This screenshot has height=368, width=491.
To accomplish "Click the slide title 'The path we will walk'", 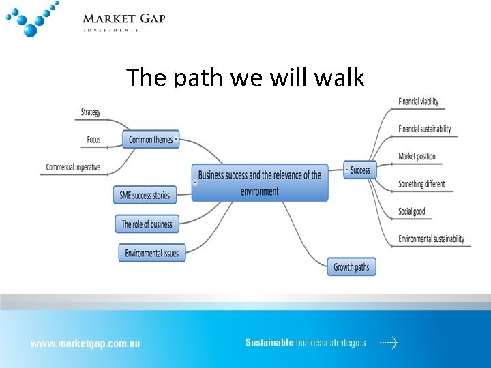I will coord(245,77).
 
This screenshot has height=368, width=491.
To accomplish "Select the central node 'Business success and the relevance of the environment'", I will coord(260,183).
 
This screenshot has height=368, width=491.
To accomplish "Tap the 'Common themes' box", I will coord(151,140).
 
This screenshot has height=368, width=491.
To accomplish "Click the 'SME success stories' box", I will coord(145,195).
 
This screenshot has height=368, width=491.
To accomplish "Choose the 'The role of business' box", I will coord(147,224).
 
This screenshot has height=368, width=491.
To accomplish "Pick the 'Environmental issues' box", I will coord(151,253).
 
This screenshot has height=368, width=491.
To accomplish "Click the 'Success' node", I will coord(359,170).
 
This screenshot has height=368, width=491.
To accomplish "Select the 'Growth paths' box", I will coord(351,267).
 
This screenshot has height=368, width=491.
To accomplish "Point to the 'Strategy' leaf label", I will coord(91,112).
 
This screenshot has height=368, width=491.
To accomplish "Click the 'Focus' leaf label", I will coord(93,140).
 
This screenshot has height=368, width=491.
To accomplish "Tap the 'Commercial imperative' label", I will coord(73,167).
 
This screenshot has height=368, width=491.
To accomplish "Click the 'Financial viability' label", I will coord(419,102).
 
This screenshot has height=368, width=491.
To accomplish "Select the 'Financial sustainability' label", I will coord(425,129).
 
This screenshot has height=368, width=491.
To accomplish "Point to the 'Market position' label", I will coord(417,156).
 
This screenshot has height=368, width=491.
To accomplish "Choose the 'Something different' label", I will coord(421,183).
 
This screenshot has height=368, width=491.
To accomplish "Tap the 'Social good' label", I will coord(412,211).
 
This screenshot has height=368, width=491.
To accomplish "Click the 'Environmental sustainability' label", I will coord(431,239).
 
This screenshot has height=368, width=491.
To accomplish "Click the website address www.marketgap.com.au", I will coord(85,343).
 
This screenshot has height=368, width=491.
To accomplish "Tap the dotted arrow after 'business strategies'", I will coord(389,343).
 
